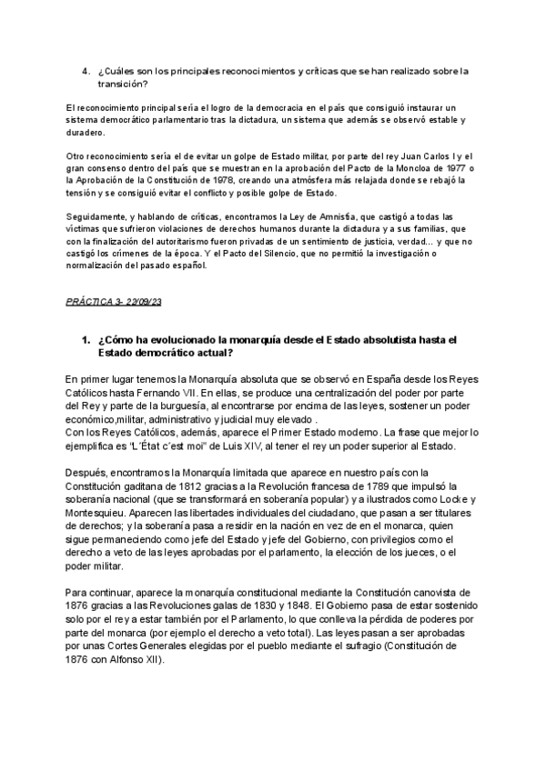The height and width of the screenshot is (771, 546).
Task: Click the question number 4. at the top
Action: [86, 71]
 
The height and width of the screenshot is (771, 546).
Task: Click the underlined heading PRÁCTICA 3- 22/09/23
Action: [115, 301]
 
